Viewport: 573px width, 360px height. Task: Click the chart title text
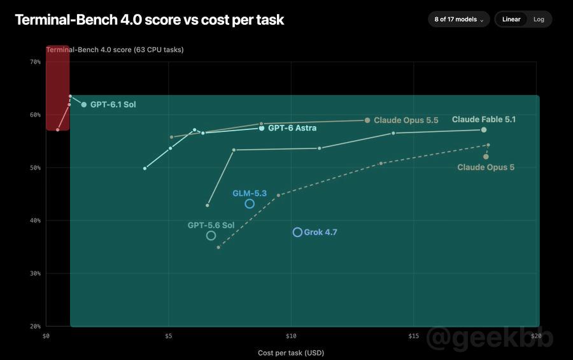point(149,20)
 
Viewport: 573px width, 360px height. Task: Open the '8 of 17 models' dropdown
point(458,19)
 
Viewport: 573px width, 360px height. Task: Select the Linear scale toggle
point(511,19)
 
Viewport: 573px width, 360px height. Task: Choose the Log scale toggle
point(539,19)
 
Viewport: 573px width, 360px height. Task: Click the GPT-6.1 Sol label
point(113,104)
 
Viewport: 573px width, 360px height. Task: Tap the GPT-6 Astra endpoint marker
point(262,128)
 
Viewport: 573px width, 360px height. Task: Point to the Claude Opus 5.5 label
point(406,120)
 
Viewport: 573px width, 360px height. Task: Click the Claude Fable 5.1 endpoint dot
point(484,130)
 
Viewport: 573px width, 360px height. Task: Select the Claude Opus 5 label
point(486,167)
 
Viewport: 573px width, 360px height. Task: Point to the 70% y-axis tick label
point(35,62)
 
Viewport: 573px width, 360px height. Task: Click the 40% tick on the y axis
point(35,220)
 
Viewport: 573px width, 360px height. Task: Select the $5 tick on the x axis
point(169,336)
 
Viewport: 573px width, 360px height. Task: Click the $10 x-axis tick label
point(291,336)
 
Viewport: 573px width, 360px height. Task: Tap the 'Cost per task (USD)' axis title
point(291,353)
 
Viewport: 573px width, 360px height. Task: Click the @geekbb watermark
point(490,338)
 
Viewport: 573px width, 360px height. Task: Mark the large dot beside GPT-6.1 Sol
point(84,104)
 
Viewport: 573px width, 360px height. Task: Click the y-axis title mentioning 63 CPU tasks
point(115,50)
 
